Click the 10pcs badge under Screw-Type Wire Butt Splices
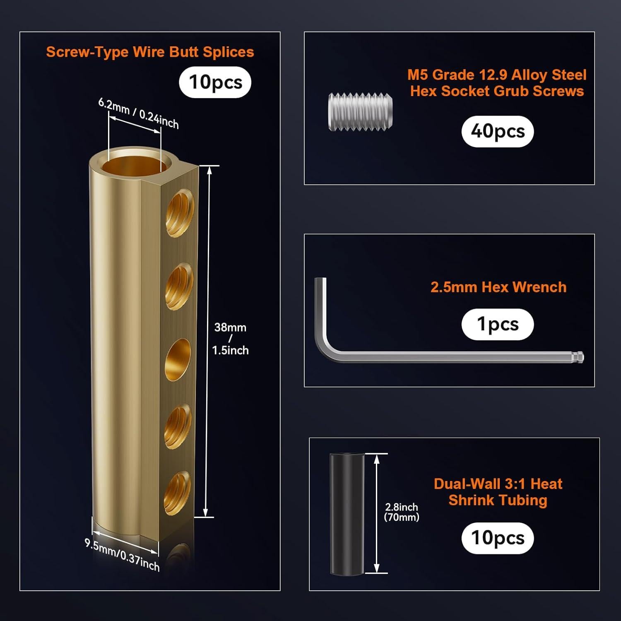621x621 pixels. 215,82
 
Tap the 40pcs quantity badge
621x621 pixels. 498,132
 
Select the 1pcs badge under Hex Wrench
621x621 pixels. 498,325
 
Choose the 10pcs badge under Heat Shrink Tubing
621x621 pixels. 498,538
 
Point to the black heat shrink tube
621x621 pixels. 347,514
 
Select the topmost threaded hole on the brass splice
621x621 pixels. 180,213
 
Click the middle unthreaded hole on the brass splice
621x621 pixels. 178,360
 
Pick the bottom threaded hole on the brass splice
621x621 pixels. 178,493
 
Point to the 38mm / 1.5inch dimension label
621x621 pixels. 230,339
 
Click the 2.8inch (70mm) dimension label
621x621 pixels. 401,512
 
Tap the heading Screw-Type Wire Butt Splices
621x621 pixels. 150,52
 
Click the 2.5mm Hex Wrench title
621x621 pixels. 498,287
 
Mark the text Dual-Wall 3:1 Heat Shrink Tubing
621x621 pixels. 498,492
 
